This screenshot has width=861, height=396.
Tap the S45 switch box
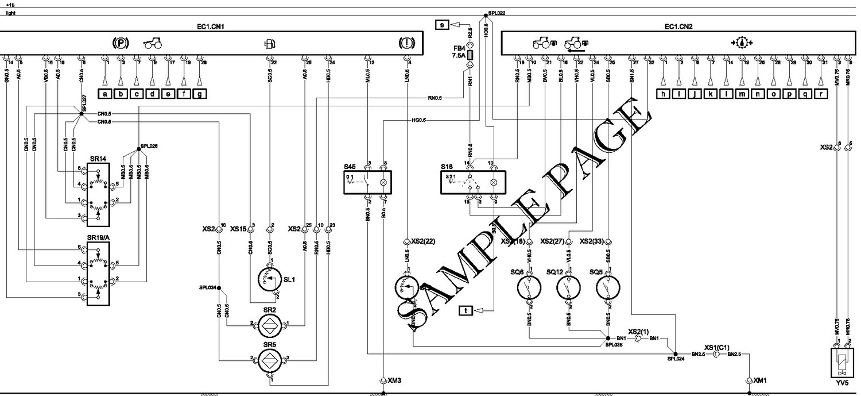tap(367, 182)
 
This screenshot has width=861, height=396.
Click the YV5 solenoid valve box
tap(843, 361)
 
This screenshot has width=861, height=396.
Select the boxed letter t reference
tap(466, 311)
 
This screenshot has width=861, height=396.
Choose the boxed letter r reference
tap(821, 94)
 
